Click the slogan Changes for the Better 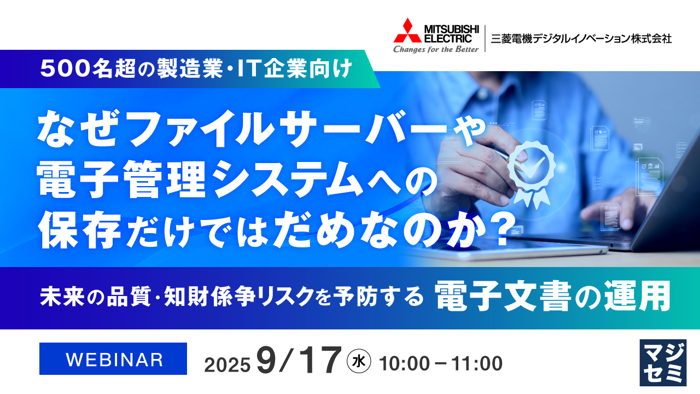click(436, 49)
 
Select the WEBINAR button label click(114, 359)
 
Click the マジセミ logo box click(662, 362)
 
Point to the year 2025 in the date click(227, 363)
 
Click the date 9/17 click(298, 361)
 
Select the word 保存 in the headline click(79, 225)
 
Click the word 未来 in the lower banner click(58, 298)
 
